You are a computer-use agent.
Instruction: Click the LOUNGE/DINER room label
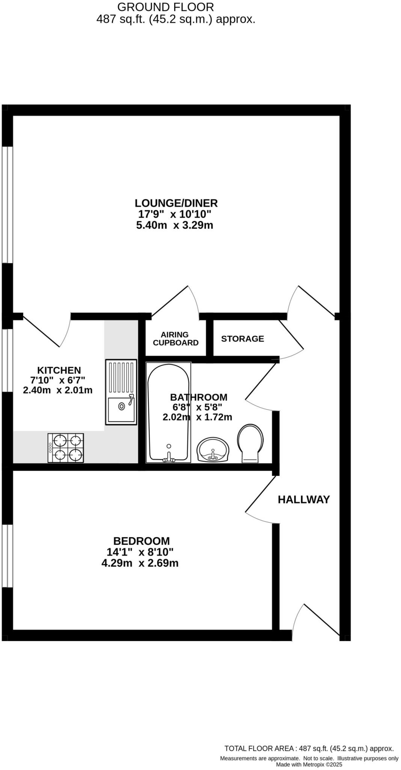176,203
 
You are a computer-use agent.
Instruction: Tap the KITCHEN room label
59,370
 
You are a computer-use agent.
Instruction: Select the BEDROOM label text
142,541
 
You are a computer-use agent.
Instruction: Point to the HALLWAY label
304,500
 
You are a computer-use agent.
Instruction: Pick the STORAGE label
243,339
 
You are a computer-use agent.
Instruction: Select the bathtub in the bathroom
168,412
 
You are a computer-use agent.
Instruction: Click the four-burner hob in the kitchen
66,448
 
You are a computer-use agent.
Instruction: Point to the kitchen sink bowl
121,410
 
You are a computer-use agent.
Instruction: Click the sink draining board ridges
121,377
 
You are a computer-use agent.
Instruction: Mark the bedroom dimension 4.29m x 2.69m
140,563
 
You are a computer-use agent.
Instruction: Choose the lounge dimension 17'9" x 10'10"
175,214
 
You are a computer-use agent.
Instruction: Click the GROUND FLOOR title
166,7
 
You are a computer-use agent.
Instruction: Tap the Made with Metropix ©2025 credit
309,764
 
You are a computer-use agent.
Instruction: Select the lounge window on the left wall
7,205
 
